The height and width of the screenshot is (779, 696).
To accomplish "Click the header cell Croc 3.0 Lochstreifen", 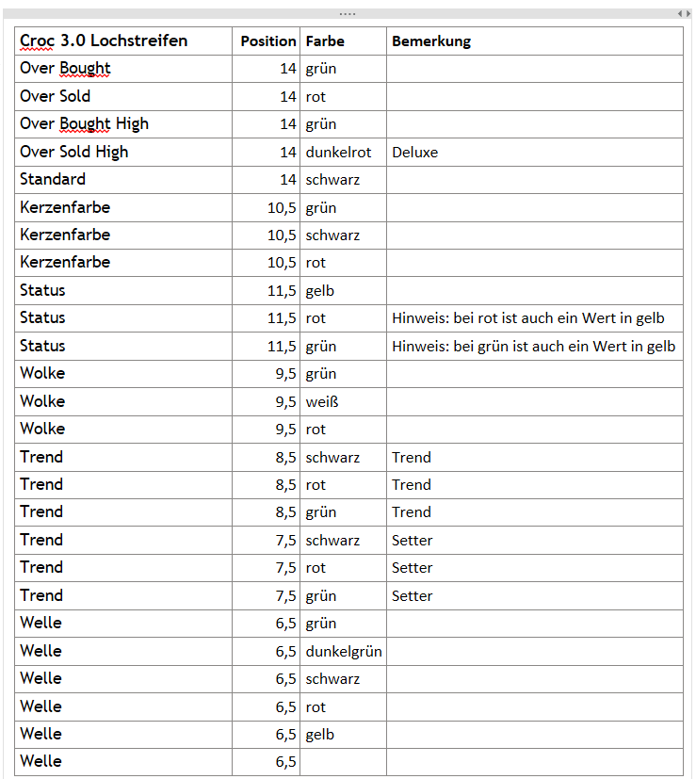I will [104, 41].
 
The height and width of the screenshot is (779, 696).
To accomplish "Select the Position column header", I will [267, 41].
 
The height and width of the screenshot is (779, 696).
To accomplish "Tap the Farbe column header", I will [325, 41].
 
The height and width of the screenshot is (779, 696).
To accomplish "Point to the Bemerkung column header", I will [431, 41].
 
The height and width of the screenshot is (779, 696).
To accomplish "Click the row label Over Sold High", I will [73, 152].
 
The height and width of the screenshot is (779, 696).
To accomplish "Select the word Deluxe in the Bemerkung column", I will [414, 152].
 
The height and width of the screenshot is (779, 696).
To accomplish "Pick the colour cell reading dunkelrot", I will [338, 152].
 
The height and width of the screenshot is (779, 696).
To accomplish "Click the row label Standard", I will [53, 179].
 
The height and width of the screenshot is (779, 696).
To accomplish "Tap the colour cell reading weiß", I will [321, 401].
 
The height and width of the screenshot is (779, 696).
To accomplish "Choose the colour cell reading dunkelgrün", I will [344, 651].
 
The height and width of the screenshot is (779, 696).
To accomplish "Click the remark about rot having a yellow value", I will [528, 318].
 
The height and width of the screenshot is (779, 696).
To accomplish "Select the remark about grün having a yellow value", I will [533, 346].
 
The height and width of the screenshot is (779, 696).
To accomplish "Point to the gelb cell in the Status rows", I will [320, 291].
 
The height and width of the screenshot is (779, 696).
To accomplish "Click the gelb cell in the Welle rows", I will [320, 734].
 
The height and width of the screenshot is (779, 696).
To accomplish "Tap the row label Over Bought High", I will [84, 123].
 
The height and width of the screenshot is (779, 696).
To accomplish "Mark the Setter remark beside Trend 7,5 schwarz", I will [413, 540].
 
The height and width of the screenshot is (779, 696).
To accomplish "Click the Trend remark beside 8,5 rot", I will [412, 484].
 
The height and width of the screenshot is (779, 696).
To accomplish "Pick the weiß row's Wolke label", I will [42, 401].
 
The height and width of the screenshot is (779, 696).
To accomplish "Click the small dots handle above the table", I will [348, 14].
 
